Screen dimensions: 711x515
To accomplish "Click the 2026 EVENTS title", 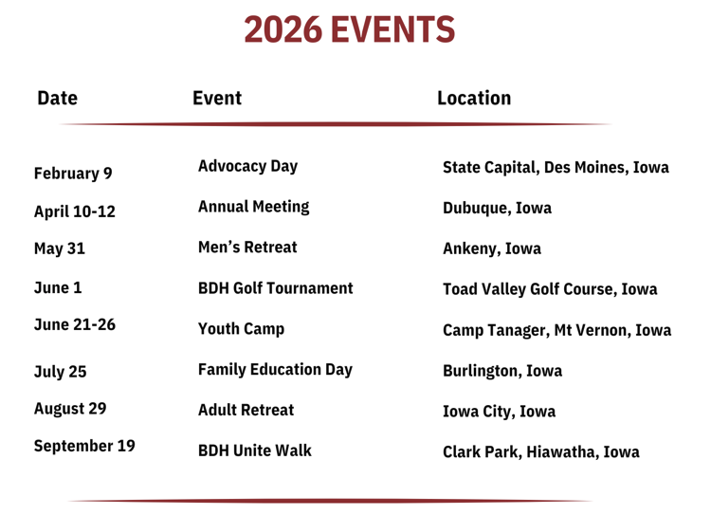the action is pyautogui.click(x=349, y=29).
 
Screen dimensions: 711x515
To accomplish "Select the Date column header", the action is pyautogui.click(x=57, y=98).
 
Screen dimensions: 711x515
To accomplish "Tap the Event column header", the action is pyautogui.click(x=217, y=98).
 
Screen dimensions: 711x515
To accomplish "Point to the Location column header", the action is pyautogui.click(x=474, y=98).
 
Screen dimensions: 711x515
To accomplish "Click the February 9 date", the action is pyautogui.click(x=73, y=174).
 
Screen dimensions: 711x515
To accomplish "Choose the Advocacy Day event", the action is pyautogui.click(x=248, y=167).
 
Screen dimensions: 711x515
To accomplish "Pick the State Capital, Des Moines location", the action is pyautogui.click(x=556, y=168).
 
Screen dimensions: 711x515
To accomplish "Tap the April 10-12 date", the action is pyautogui.click(x=75, y=212).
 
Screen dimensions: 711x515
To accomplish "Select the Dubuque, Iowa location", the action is pyautogui.click(x=498, y=208).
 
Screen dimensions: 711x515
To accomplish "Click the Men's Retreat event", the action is pyautogui.click(x=247, y=248).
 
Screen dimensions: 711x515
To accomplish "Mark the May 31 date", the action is pyautogui.click(x=60, y=248).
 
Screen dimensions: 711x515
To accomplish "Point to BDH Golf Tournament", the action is pyautogui.click(x=276, y=288).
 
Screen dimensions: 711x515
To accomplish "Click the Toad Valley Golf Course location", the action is pyautogui.click(x=550, y=289).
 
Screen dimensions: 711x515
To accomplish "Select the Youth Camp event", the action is pyautogui.click(x=241, y=329).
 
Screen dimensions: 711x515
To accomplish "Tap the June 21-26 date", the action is pyautogui.click(x=75, y=325).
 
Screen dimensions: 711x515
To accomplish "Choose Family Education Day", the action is pyautogui.click(x=275, y=370).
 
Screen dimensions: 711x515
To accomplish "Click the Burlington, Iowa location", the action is pyautogui.click(x=502, y=371).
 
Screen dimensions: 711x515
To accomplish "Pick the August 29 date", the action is pyautogui.click(x=70, y=409).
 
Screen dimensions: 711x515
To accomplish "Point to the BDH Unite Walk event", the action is pyautogui.click(x=255, y=451).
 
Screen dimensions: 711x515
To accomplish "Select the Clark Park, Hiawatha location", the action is pyautogui.click(x=541, y=452).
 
